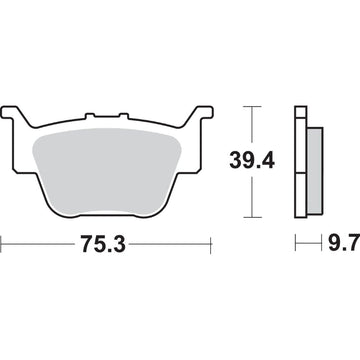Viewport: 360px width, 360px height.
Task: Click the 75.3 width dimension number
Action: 107,242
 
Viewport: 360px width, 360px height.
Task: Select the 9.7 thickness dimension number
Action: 332,242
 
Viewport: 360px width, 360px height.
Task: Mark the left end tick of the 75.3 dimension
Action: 3,242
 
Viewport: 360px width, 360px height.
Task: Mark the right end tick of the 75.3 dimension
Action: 213,242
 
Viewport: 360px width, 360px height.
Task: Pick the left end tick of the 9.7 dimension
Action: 296,242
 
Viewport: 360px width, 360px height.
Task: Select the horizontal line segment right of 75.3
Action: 180,242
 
